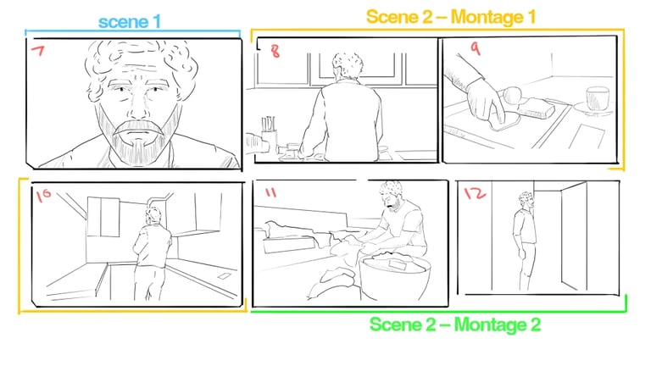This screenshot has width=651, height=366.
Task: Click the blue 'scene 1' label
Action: coord(130,22)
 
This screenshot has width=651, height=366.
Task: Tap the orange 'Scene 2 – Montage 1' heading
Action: coord(451,17)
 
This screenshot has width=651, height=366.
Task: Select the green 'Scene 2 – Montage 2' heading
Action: coord(455,324)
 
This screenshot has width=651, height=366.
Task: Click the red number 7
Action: coord(37,51)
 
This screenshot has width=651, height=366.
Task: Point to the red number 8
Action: coord(275,51)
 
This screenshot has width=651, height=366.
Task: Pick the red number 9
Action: coord(475,48)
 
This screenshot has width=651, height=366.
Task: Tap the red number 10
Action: coord(43,195)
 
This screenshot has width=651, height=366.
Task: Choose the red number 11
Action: coord(270,192)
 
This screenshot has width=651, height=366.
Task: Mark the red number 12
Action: coord(475,193)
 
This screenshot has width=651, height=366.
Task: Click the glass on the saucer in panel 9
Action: coord(598,98)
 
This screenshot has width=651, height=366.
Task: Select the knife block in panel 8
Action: coord(269,133)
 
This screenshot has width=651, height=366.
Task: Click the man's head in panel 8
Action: coord(348,65)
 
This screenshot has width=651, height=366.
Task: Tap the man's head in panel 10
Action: coord(153,216)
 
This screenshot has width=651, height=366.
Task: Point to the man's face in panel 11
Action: coord(392,201)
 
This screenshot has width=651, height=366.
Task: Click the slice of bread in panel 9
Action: coord(536,107)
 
